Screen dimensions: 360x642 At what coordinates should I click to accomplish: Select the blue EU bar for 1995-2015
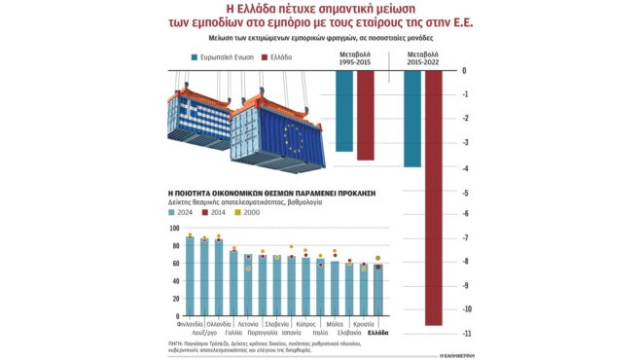pyautogui.click(x=343, y=111)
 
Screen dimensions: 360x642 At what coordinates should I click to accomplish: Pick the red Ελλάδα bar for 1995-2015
pyautogui.click(x=365, y=115)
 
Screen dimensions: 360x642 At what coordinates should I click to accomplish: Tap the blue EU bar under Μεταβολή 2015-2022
pyautogui.click(x=411, y=118)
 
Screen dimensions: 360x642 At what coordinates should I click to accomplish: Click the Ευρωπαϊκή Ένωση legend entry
pyautogui.click(x=226, y=57)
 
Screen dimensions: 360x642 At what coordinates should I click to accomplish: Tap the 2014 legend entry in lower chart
pyautogui.click(x=219, y=210)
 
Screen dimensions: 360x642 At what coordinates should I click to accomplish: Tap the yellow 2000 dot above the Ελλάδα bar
pyautogui.click(x=378, y=259)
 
